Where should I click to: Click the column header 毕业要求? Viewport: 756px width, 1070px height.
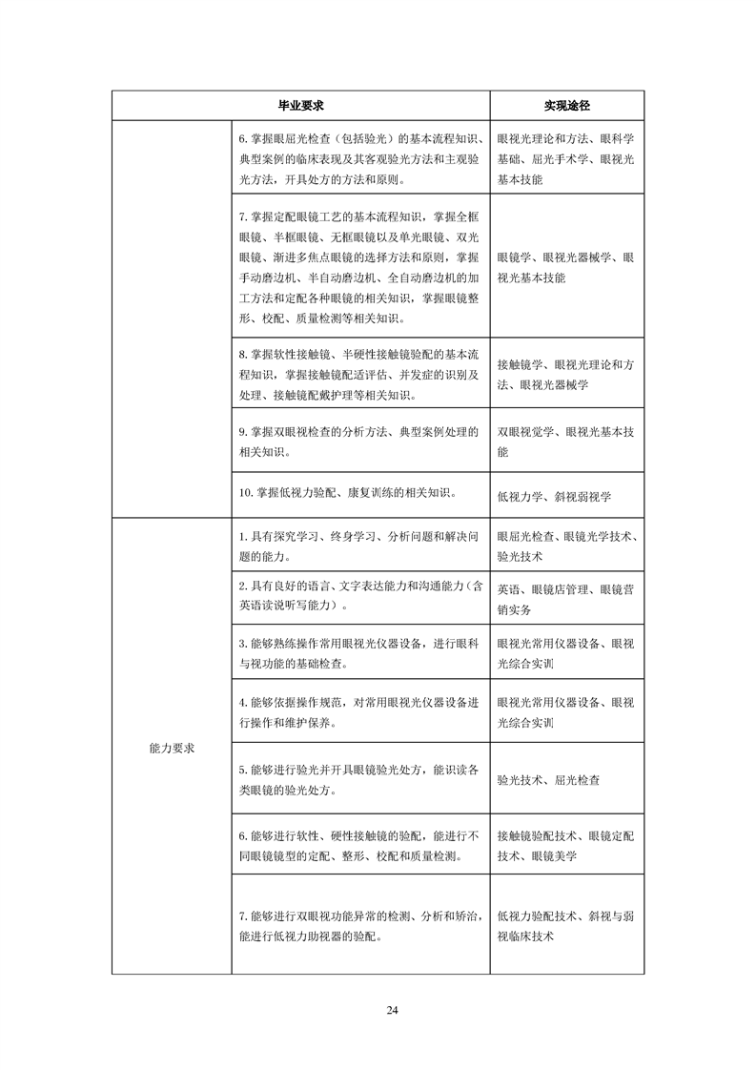[300, 104]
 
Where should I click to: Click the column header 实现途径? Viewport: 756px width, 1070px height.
[566, 104]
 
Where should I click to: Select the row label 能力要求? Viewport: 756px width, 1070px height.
[172, 748]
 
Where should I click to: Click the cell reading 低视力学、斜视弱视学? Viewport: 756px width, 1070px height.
[554, 496]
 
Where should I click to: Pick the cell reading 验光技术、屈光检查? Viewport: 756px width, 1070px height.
[548, 779]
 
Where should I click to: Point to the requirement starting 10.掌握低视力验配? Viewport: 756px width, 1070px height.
[347, 493]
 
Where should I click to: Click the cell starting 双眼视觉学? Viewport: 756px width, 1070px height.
[566, 442]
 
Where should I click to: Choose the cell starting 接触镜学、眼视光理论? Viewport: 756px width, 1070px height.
[566, 374]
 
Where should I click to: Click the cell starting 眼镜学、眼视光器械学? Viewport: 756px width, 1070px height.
[566, 267]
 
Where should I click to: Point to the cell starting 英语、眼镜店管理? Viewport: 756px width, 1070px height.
[566, 599]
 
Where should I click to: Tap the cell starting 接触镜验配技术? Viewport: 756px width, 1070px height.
[566, 846]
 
